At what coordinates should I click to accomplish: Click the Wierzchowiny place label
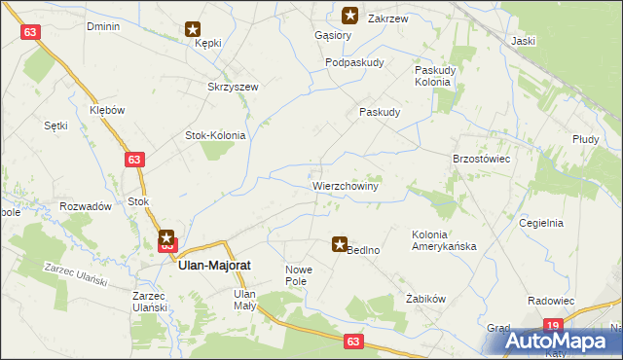click(346, 183)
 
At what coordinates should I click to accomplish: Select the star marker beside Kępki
click(194, 30)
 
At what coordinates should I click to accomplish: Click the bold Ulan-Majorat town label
click(216, 273)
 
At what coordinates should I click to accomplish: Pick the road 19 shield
click(553, 326)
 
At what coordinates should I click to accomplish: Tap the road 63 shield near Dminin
click(32, 32)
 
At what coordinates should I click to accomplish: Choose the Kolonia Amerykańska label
click(444, 240)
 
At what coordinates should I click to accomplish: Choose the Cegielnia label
click(541, 223)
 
